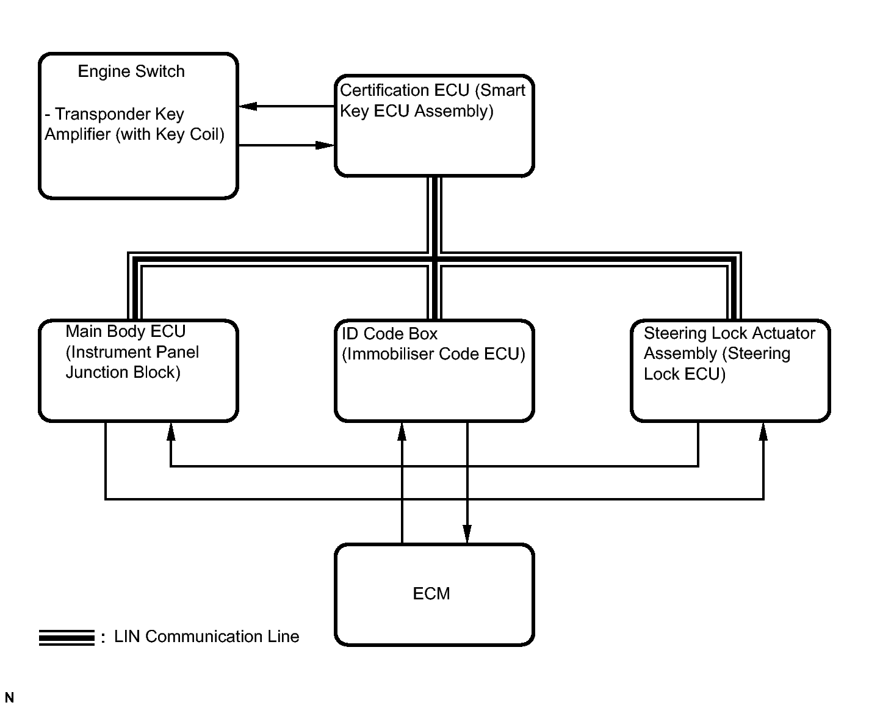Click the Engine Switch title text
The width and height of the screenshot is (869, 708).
131,71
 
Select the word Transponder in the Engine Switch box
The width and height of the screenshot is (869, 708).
102,114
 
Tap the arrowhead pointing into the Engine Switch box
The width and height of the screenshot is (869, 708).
248,107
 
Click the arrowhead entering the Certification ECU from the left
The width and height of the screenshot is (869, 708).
325,145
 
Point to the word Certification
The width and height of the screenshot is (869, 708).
405,90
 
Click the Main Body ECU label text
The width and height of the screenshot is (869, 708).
126,331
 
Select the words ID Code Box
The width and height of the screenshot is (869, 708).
389,334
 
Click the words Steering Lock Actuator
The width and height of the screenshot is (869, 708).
729,333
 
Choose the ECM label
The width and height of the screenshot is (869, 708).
431,594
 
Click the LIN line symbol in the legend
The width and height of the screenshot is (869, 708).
67,637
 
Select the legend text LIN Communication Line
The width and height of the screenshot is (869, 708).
206,637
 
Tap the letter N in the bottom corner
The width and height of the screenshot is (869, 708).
9,698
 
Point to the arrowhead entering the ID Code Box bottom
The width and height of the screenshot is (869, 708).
402,432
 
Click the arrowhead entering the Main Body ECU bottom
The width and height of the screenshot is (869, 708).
171,432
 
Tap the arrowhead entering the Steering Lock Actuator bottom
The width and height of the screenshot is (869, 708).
763,432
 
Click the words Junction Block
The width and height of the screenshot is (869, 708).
123,372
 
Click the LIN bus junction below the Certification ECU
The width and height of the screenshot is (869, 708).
434,259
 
